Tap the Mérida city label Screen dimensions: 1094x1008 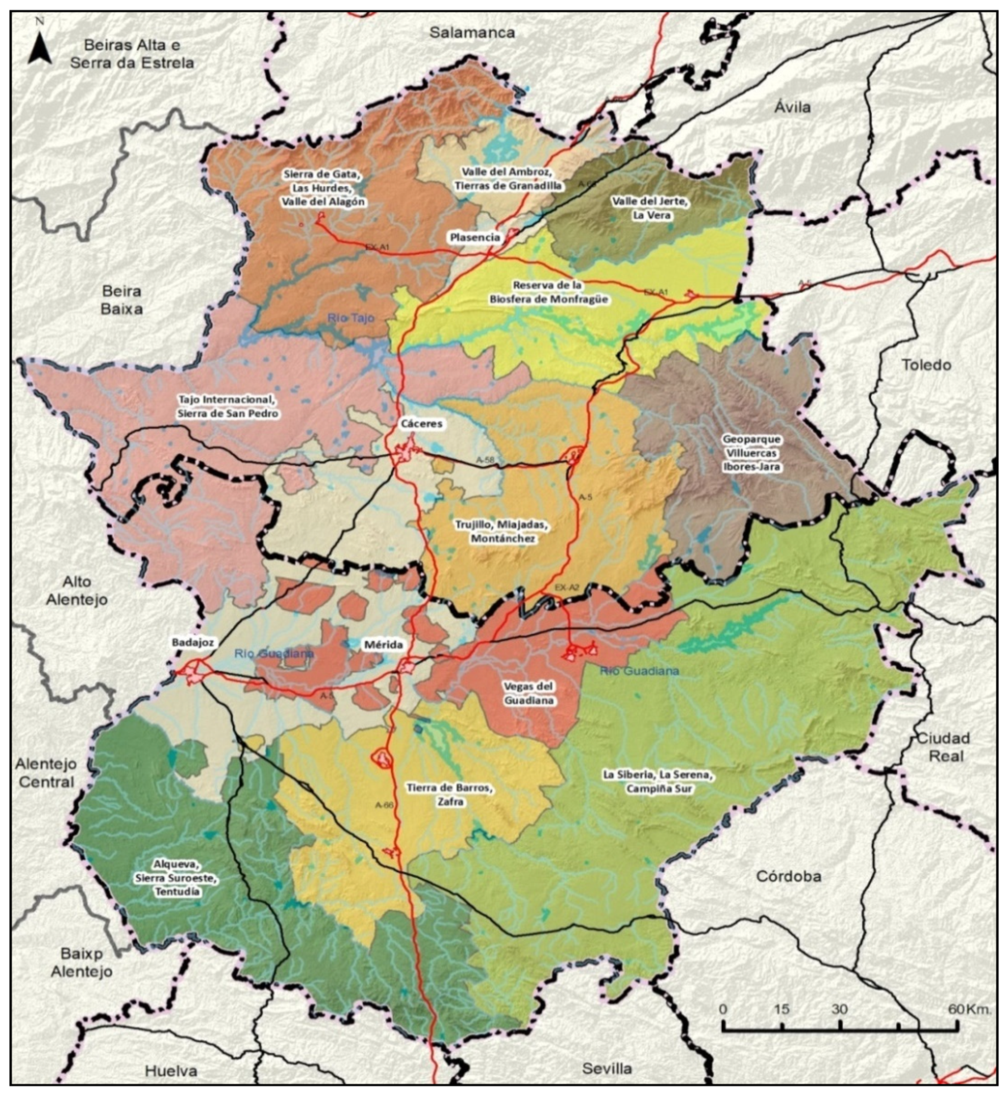tap(383, 645)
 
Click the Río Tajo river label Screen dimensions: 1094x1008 tap(351, 318)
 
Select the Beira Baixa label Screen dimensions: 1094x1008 tap(122, 300)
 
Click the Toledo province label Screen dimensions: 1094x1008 tap(926, 365)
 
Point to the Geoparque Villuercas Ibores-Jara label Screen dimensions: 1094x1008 tap(751, 453)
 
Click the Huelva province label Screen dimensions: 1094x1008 tap(171, 1071)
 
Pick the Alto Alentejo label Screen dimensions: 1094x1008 tap(76, 590)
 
